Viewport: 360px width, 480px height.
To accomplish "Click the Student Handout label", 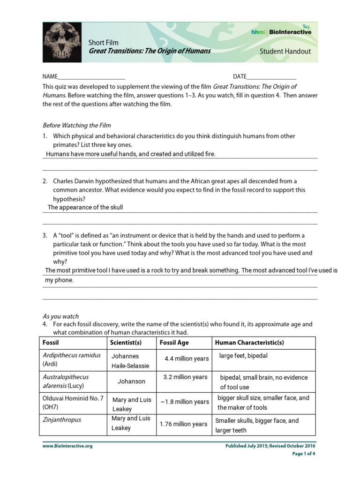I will tap(285, 51).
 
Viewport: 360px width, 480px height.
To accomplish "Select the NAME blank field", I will tap(91, 77).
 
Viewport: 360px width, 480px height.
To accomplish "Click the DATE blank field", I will tap(271, 77).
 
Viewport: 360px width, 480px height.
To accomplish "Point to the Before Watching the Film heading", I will tap(77, 125).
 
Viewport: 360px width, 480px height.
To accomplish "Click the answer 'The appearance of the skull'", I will tap(85, 207).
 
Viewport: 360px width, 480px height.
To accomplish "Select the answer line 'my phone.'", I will tap(59, 280).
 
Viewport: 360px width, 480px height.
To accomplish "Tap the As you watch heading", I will tap(61, 316).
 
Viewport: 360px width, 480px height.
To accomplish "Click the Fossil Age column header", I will tap(174, 343).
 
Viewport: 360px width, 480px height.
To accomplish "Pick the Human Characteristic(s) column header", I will tap(249, 343).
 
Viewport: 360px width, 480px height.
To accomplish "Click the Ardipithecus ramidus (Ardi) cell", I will tap(72, 360).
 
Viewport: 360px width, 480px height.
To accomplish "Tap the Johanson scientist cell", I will tap(131, 381).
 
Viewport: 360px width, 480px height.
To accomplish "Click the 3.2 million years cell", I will tap(185, 377).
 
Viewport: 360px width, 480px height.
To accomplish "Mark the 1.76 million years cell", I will tap(183, 424).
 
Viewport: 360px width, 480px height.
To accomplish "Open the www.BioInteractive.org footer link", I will tap(67, 446).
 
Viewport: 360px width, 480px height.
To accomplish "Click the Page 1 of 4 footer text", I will tap(304, 454).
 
